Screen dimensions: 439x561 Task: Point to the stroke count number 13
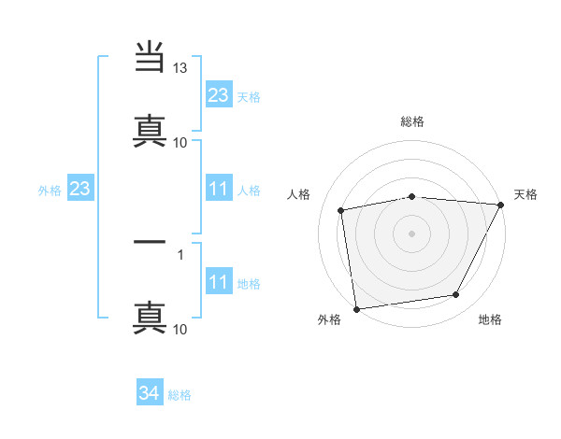point(180,68)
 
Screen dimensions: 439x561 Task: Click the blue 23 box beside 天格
point(218,95)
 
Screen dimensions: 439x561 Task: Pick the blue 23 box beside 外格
point(79,190)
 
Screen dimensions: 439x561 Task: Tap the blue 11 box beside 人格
point(218,190)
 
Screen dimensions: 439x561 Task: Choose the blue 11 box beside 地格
point(218,282)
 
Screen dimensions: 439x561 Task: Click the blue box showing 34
point(149,394)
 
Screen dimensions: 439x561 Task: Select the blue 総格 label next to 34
point(180,395)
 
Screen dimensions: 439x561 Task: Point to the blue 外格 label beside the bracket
point(50,191)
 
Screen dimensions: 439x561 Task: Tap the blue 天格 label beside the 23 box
point(249,96)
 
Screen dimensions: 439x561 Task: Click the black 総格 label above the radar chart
point(412,121)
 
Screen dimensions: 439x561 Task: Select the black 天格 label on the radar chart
point(525,194)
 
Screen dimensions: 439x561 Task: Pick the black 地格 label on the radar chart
point(490,319)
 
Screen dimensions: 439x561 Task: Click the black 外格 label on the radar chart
point(329,319)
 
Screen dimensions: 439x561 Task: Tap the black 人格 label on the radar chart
point(299,194)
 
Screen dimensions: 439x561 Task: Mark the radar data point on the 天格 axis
point(502,205)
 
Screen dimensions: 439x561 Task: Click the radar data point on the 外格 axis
point(356,308)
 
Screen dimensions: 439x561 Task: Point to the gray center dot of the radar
point(412,233)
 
